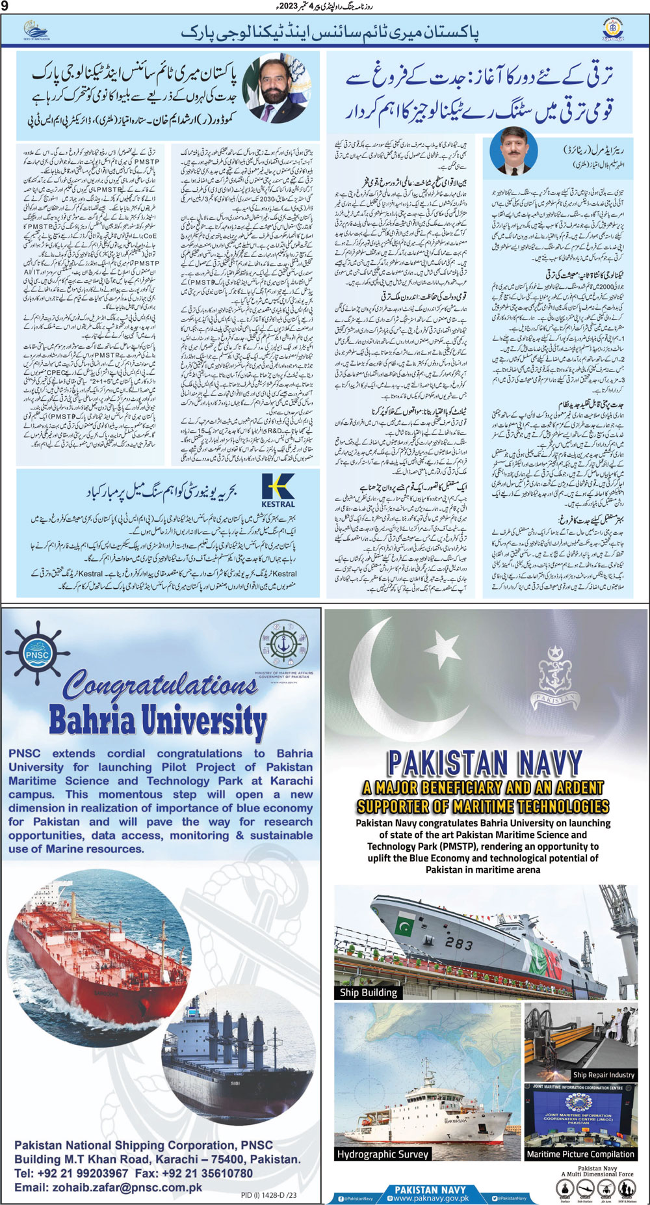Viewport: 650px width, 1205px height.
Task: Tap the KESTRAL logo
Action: (x=278, y=489)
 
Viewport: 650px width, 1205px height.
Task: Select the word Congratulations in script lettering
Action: (x=160, y=685)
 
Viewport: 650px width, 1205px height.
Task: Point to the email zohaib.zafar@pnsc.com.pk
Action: (x=109, y=1187)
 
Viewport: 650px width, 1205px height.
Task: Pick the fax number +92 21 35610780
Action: (x=209, y=1173)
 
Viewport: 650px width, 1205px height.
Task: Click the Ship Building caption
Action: (x=368, y=992)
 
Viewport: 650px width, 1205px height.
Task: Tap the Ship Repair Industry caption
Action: (x=603, y=1075)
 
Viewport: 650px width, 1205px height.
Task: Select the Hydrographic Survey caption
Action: (x=382, y=1154)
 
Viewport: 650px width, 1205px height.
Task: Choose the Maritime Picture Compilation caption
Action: (x=580, y=1154)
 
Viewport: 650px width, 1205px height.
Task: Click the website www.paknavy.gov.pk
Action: (x=430, y=1198)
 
